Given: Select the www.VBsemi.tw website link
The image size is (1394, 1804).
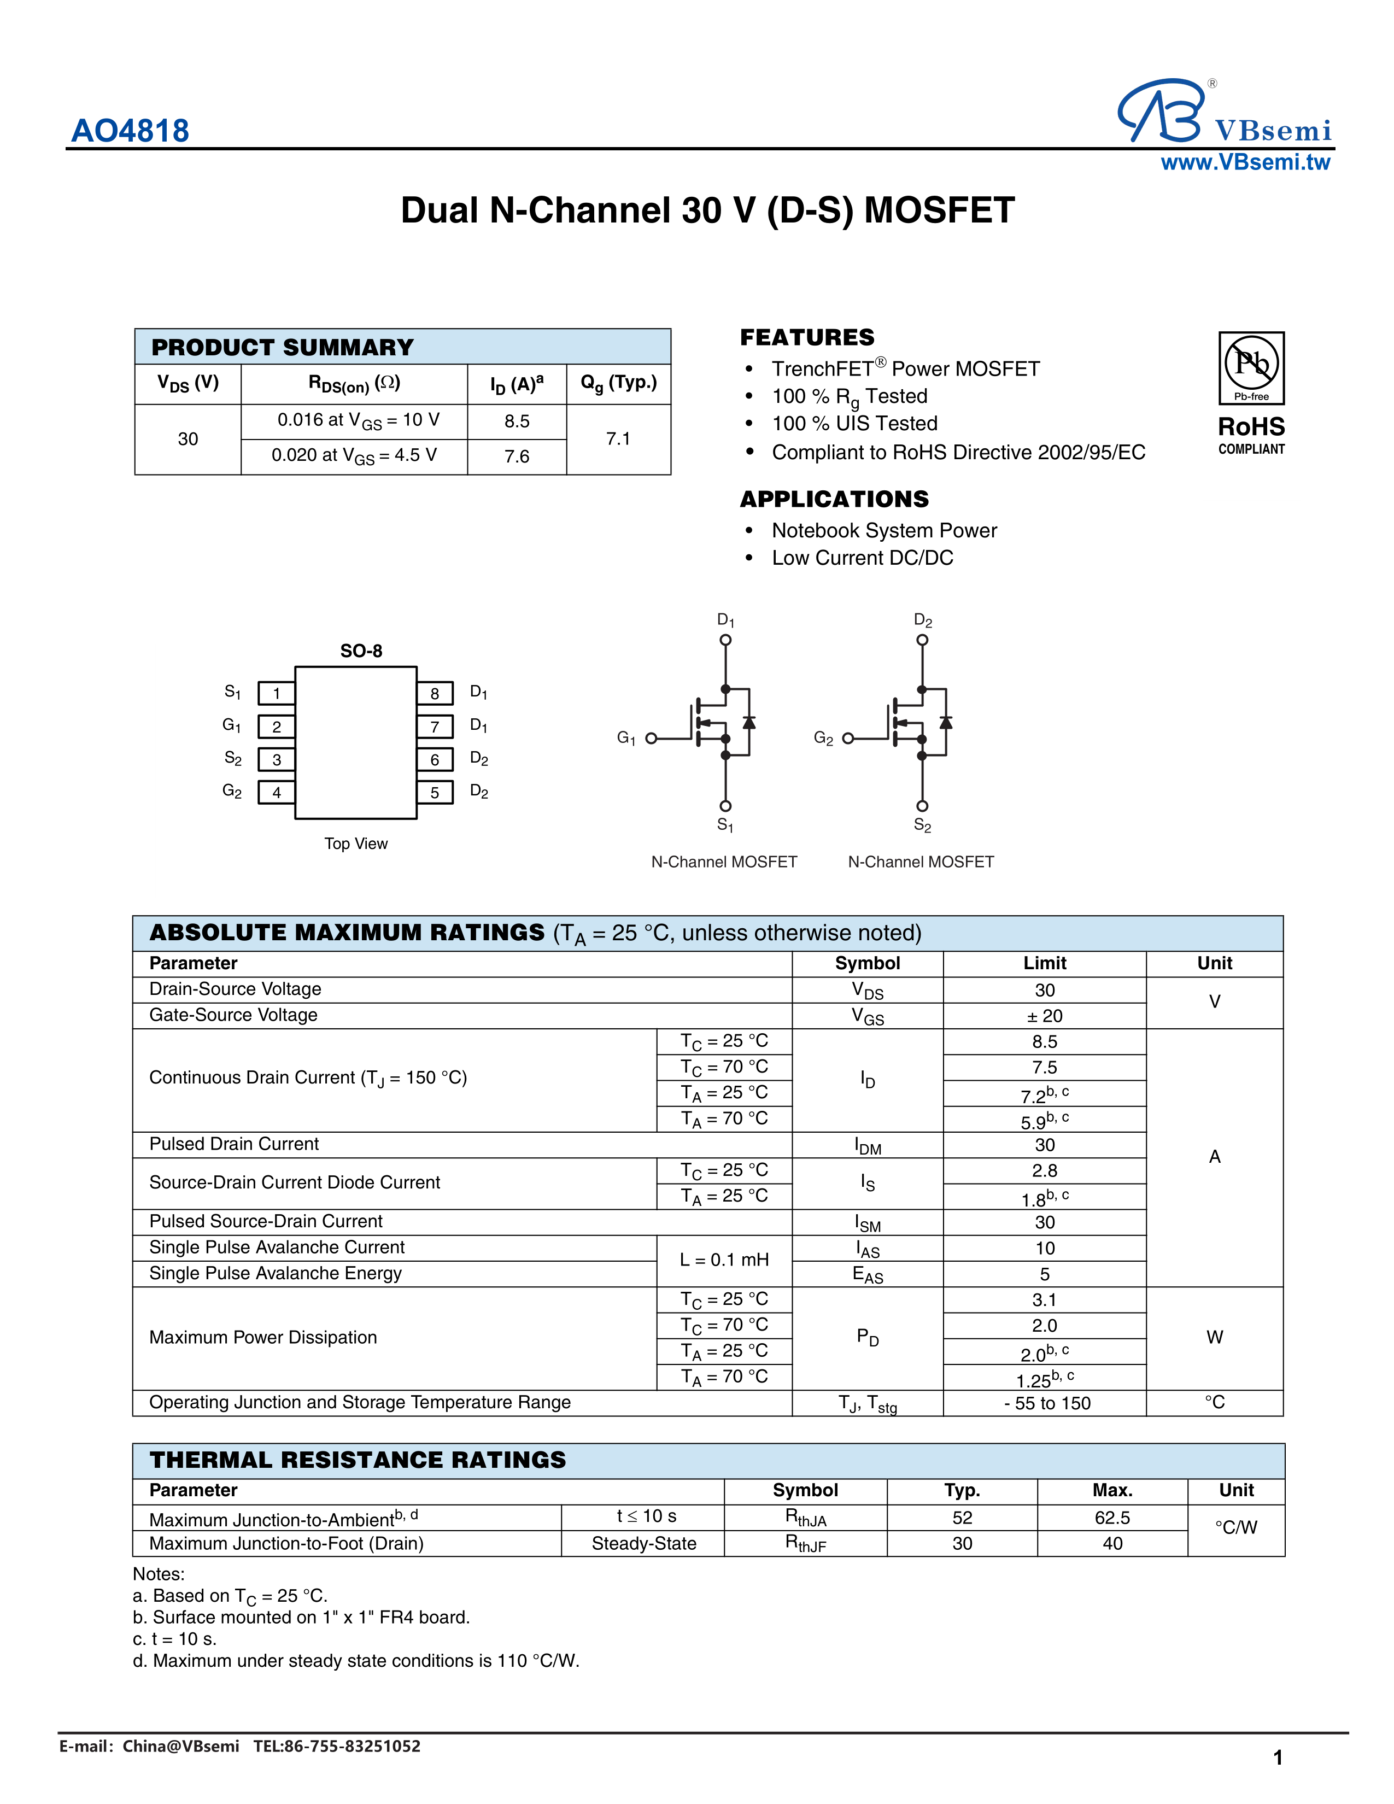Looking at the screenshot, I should point(1245,163).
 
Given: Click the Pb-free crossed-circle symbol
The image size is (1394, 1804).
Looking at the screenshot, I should point(1251,362).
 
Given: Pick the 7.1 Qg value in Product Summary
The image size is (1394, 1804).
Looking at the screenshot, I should point(618,438).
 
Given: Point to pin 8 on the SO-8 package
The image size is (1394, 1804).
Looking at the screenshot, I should point(435,693).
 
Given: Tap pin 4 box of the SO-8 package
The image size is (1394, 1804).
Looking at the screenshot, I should point(277,792).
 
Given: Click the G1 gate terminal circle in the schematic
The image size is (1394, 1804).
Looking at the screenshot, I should point(651,739).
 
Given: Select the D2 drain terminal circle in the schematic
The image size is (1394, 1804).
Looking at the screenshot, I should point(922,640).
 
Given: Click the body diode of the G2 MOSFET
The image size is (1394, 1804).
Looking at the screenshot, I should point(946,723).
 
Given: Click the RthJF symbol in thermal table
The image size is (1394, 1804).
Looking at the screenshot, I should point(805,1543).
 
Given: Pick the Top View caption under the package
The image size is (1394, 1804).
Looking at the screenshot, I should point(356,844).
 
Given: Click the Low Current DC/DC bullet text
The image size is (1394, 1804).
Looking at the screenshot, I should point(862,558).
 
